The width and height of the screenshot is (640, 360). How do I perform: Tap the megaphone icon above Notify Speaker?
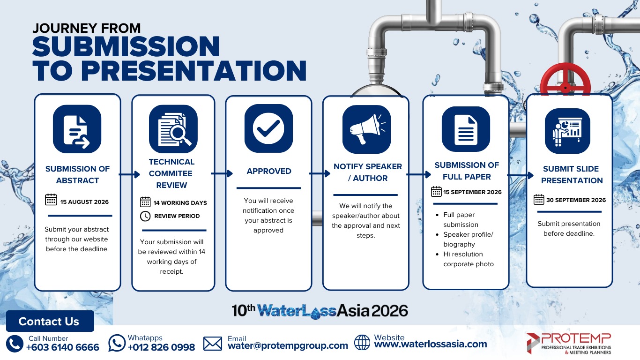(x=366, y=129)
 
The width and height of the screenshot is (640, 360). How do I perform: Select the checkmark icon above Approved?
(x=268, y=128)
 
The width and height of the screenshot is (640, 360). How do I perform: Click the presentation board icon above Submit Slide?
(x=567, y=131)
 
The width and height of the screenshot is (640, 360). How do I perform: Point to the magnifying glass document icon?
(x=173, y=129)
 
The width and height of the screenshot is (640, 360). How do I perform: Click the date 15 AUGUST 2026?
(x=84, y=202)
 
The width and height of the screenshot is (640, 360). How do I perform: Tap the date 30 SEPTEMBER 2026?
(x=576, y=200)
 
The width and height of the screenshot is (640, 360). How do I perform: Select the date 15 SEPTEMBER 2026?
(x=472, y=192)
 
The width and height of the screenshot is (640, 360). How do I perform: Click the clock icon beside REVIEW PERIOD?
(x=145, y=216)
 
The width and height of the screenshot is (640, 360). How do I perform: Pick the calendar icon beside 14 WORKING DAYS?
(x=145, y=202)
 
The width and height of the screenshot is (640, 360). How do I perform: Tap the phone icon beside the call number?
(x=15, y=344)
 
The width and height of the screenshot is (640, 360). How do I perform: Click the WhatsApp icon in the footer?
(x=117, y=343)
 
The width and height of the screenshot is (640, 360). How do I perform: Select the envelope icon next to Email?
(x=213, y=344)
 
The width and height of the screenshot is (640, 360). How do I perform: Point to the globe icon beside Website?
(x=362, y=342)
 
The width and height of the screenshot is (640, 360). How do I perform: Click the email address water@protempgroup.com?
(x=288, y=345)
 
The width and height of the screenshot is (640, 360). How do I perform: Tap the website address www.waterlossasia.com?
(x=431, y=344)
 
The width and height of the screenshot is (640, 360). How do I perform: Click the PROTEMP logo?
(x=569, y=344)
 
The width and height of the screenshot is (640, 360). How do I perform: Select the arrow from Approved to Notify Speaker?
(x=320, y=173)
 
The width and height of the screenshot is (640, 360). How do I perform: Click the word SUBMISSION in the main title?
(x=126, y=46)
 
